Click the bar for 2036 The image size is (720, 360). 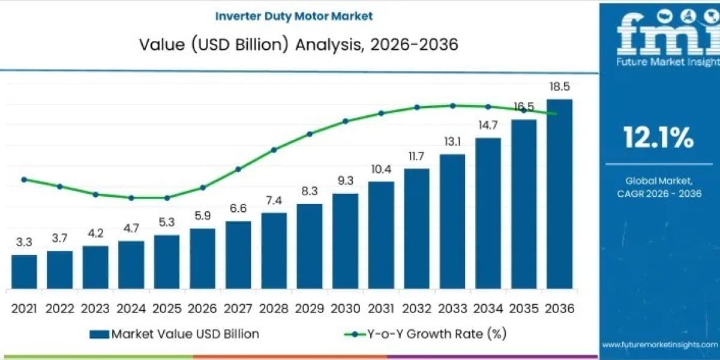coord(560,194)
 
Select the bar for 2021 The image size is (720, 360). coord(24,272)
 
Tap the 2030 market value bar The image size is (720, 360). coord(345,241)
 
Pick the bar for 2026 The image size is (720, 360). coord(203,259)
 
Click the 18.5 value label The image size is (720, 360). coord(560,86)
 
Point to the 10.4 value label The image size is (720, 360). coord(381,169)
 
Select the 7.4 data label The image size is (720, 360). coord(274,200)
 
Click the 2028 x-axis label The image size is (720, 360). coord(274,308)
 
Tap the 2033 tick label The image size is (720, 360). coord(452,308)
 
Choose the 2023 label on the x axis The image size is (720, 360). coord(95,308)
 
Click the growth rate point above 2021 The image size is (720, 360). coord(24,179)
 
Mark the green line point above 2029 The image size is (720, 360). coord(310,134)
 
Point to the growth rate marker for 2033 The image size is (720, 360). coord(452,106)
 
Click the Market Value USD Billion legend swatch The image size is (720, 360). coord(100,334)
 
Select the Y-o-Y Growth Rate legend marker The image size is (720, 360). coord(355,334)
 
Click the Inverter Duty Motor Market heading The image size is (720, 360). coord(294,16)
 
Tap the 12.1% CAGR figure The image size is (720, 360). coord(659,137)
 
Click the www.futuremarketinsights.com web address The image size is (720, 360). coord(660,344)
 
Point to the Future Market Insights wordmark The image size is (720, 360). coord(668,62)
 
